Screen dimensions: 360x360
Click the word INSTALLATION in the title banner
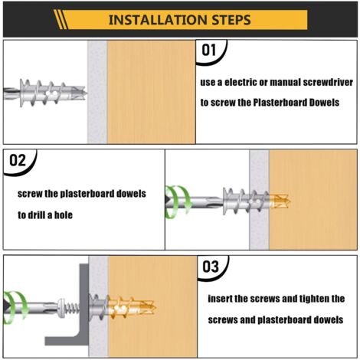pyautogui.click(x=155, y=19)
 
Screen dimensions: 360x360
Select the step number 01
pyautogui.click(x=213, y=52)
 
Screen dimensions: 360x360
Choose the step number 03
pyautogui.click(x=213, y=267)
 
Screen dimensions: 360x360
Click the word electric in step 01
pyautogui.click(x=243, y=82)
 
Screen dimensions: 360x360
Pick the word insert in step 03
pyautogui.click(x=224, y=298)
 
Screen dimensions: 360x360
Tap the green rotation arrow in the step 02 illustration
pyautogui.click(x=179, y=201)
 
